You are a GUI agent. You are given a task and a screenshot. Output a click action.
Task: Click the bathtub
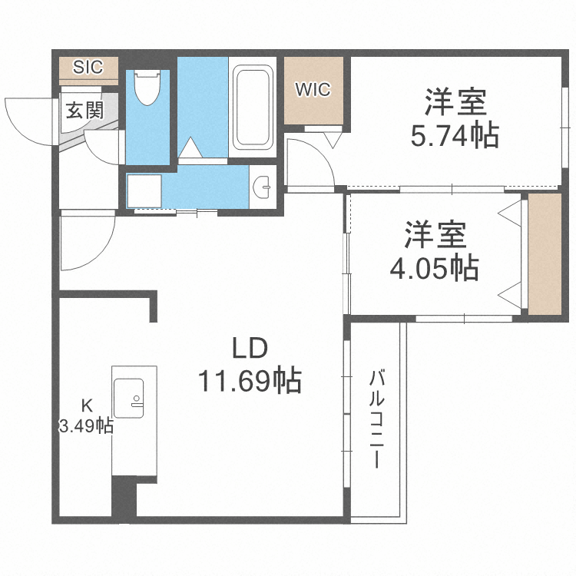tap(253, 107)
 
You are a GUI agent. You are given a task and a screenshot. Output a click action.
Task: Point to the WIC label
tap(313, 89)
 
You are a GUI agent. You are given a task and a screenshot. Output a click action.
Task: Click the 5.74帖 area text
tap(455, 136)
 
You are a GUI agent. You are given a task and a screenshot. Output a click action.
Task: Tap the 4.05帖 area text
tap(435, 267)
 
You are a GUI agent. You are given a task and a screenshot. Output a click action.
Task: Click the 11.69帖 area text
tap(250, 380)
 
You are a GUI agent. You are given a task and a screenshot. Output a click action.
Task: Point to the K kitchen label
tap(87, 405)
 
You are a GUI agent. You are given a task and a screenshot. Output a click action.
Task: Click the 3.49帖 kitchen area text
tap(87, 425)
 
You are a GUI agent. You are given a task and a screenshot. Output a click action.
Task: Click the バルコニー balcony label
tap(376, 419)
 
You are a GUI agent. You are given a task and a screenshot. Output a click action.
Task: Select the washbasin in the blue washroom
tap(263, 185)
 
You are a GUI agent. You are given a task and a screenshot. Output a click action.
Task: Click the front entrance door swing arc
tap(23, 119)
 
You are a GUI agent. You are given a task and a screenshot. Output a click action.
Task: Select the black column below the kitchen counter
tap(124, 497)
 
